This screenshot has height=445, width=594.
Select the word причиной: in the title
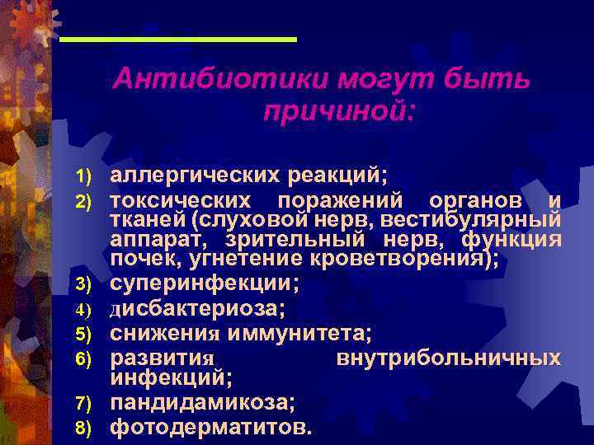[337, 110]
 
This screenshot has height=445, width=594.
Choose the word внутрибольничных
[449, 358]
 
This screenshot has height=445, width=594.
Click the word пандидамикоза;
[203, 404]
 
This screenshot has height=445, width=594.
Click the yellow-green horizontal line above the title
[178, 40]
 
